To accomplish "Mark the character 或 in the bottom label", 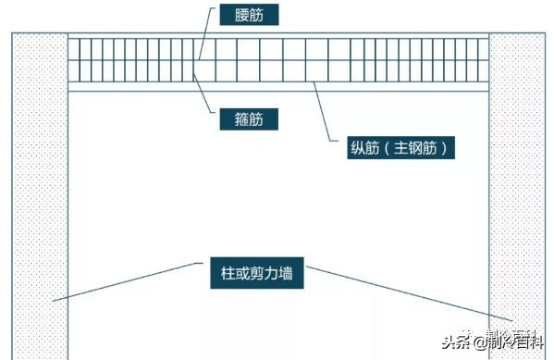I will [240, 274].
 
